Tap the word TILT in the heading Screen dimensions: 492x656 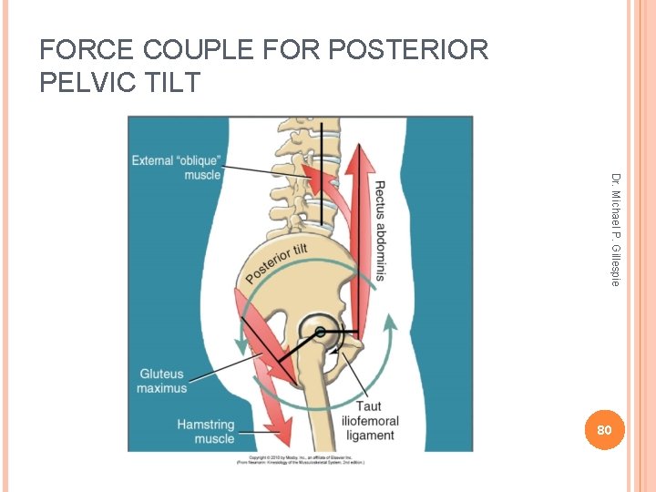[x=165, y=83]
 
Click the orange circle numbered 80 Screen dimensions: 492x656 [x=602, y=429]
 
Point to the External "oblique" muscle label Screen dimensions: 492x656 [x=178, y=168]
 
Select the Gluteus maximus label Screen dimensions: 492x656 [x=161, y=381]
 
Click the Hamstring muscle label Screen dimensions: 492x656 [x=205, y=431]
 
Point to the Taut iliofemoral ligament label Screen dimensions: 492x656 [x=369, y=421]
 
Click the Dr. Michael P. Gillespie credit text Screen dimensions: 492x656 [x=616, y=230]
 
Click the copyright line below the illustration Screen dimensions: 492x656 [x=300, y=458]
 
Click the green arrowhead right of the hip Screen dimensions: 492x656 [x=391, y=322]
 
